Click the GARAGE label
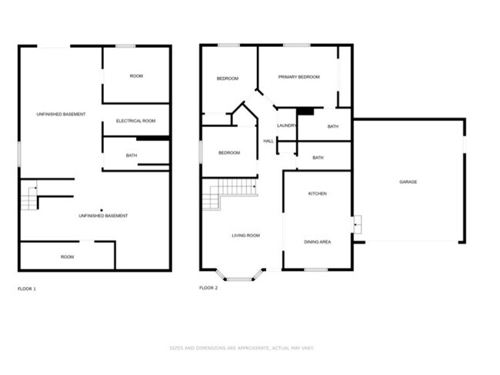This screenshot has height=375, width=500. [408, 182]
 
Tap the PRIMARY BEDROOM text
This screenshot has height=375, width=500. [298, 77]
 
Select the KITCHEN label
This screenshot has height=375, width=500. [317, 193]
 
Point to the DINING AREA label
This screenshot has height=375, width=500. [317, 242]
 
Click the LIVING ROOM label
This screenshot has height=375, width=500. [246, 235]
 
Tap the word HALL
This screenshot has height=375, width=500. [268, 141]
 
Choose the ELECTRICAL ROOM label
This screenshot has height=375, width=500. [135, 121]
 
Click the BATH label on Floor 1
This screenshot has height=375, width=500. [132, 156]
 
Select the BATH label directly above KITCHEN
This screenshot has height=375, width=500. [318, 158]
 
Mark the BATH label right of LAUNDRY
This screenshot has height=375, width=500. [332, 126]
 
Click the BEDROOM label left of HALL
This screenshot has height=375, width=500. [229, 152]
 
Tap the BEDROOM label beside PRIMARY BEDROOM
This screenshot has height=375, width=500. [227, 79]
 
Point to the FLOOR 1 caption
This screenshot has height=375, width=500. [27, 289]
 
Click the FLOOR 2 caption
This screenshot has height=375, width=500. [208, 288]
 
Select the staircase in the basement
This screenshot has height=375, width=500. [28, 198]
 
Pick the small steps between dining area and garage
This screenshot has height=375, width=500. [357, 225]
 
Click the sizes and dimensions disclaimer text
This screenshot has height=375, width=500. [242, 348]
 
